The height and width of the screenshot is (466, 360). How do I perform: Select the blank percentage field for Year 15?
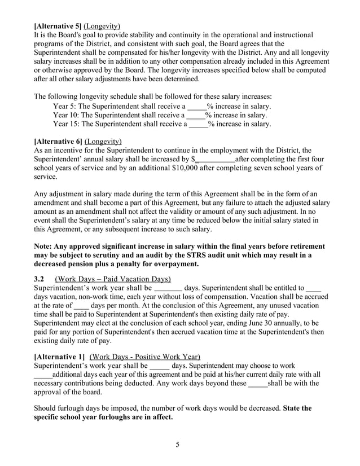point(197,124)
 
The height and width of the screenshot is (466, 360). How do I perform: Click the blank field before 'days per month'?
point(82,305)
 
